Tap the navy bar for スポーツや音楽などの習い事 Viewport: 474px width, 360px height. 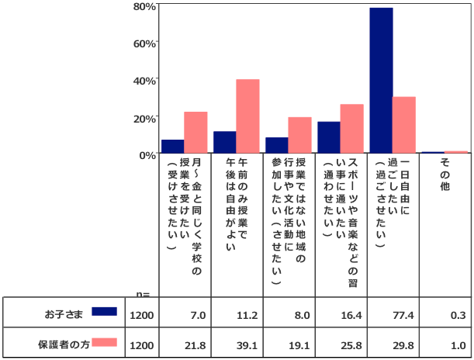point(329,137)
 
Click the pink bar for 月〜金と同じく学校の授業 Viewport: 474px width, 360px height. point(195,133)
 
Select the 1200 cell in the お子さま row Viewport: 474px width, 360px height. point(143,315)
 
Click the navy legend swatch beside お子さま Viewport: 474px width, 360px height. point(104,311)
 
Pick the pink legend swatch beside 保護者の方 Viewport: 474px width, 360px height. point(104,342)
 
